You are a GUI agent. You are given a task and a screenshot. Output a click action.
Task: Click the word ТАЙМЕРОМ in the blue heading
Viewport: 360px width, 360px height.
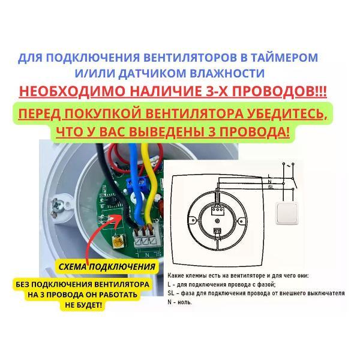click(284, 58)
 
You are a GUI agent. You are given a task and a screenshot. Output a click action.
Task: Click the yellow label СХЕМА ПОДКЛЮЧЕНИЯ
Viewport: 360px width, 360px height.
click(107, 267)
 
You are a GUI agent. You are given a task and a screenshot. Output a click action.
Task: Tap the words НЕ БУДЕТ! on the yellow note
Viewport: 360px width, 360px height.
click(83, 305)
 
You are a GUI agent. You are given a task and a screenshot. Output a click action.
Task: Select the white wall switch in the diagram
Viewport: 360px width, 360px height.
click(287, 214)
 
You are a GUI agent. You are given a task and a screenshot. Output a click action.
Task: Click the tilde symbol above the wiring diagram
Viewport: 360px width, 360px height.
click(289, 165)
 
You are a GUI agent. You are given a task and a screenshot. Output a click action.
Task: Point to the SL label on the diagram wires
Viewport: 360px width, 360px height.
click(271, 187)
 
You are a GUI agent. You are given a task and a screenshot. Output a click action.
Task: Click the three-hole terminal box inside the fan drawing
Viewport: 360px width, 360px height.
click(217, 210)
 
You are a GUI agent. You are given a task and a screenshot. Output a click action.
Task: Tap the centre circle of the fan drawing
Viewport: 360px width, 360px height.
click(217, 221)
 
